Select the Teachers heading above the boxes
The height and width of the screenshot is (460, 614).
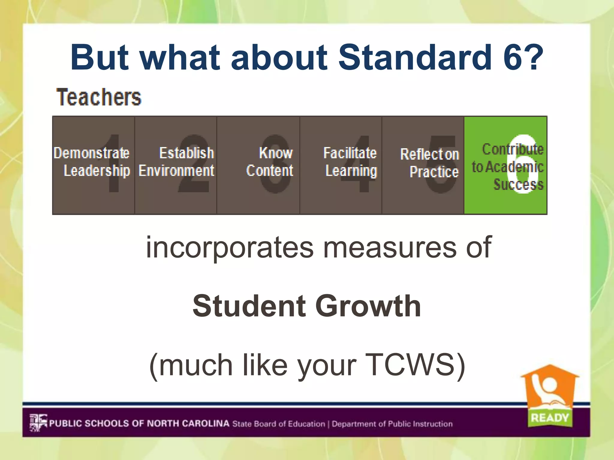click(99, 97)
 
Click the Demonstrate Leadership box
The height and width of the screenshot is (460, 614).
click(94, 165)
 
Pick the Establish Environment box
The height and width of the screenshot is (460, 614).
click(176, 165)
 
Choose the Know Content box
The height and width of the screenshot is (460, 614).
click(258, 165)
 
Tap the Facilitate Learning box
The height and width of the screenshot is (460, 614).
click(341, 165)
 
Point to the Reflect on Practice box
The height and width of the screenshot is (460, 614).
click(423, 165)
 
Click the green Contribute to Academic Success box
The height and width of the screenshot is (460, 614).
click(505, 165)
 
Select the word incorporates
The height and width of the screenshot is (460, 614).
click(229, 247)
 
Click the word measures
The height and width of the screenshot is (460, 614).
click(389, 247)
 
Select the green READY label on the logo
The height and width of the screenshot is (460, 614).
click(550, 417)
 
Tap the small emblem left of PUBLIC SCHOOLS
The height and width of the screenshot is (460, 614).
click(38, 423)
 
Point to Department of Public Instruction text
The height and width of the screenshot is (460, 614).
click(392, 424)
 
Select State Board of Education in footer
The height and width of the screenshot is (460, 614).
click(279, 424)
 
